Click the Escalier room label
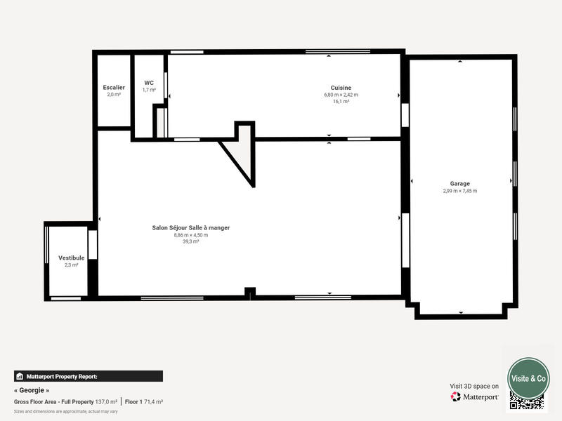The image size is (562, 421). (114, 88)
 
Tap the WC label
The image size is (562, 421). (149, 83)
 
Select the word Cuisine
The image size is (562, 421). (341, 88)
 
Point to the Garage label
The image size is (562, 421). (460, 184)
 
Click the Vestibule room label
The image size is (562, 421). (71, 258)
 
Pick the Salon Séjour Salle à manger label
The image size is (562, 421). (191, 228)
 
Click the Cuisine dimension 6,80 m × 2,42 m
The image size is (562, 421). (341, 95)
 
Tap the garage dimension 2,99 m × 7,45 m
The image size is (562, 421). (460, 191)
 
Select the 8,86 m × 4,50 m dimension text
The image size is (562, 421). (191, 235)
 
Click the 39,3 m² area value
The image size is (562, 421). (191, 241)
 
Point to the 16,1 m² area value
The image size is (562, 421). (341, 101)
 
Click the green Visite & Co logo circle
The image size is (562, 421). (528, 378)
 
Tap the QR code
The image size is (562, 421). (527, 401)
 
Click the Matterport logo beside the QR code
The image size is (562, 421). (475, 396)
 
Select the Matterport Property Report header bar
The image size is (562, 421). (89, 376)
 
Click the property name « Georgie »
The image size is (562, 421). (32, 390)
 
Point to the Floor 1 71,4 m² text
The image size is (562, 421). (144, 401)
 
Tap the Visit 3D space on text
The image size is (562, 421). (474, 386)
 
